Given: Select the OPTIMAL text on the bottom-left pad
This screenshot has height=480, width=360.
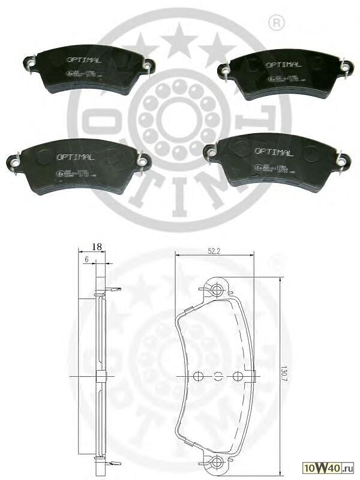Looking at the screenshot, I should (75, 157).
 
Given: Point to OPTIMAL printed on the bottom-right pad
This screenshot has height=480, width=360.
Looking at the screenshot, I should (274, 152).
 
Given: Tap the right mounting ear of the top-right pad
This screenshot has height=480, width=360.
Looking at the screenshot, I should (344, 67).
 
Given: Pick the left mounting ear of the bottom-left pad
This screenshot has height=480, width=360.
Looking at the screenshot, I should (14, 160).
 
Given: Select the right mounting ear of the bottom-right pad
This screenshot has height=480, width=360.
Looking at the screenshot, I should (341, 160).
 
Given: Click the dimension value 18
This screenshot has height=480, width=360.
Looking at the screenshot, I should (96, 246).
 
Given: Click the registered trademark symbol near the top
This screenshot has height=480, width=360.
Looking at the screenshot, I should (277, 23).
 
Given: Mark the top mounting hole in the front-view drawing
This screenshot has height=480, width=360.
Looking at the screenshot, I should (217, 290).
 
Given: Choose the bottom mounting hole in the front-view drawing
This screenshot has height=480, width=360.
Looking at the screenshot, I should (217, 463).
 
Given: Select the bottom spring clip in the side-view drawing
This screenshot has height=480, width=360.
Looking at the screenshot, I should (112, 463).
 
